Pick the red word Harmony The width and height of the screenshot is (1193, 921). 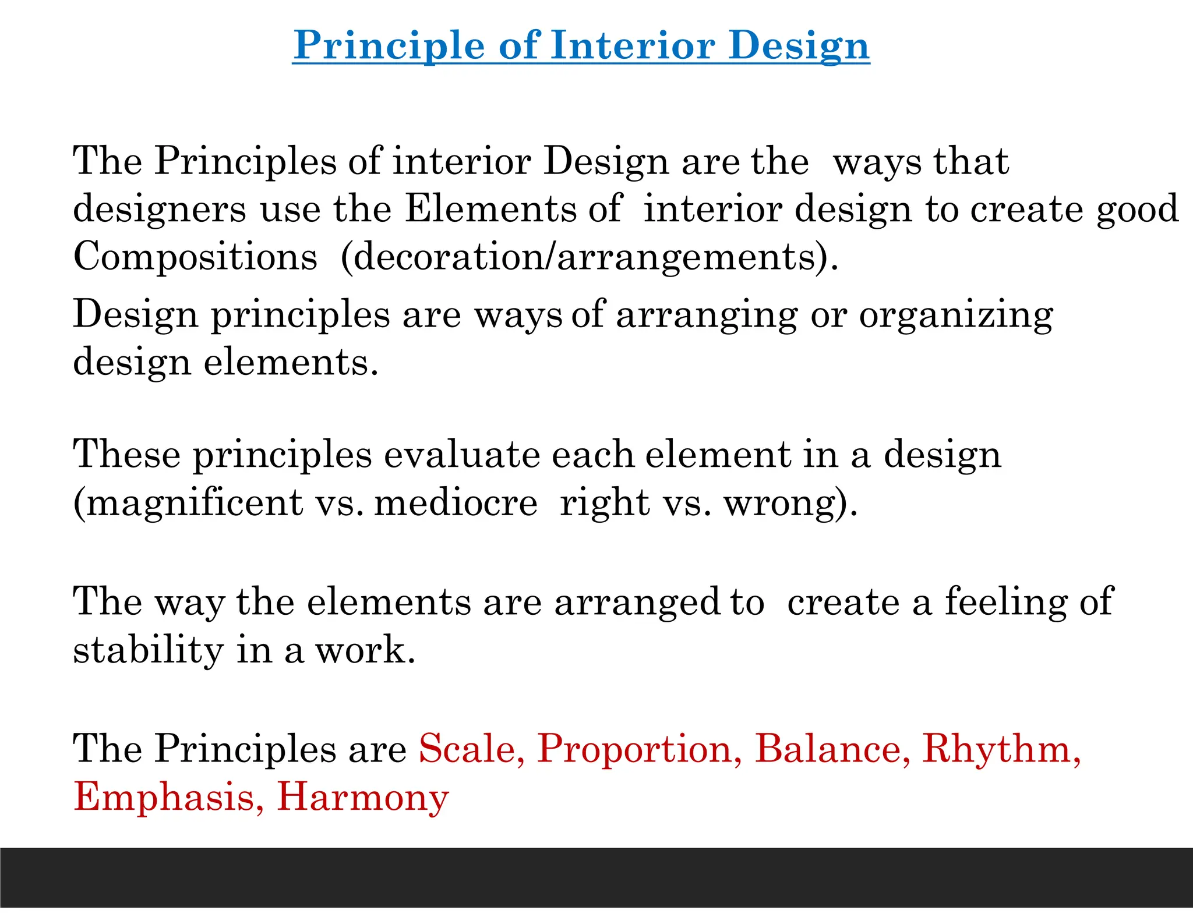[362, 797]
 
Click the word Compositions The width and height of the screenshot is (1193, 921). [195, 257]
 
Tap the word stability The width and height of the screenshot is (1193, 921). [148, 650]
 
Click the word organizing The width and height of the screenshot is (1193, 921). [955, 315]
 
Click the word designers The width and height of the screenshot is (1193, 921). [159, 208]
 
